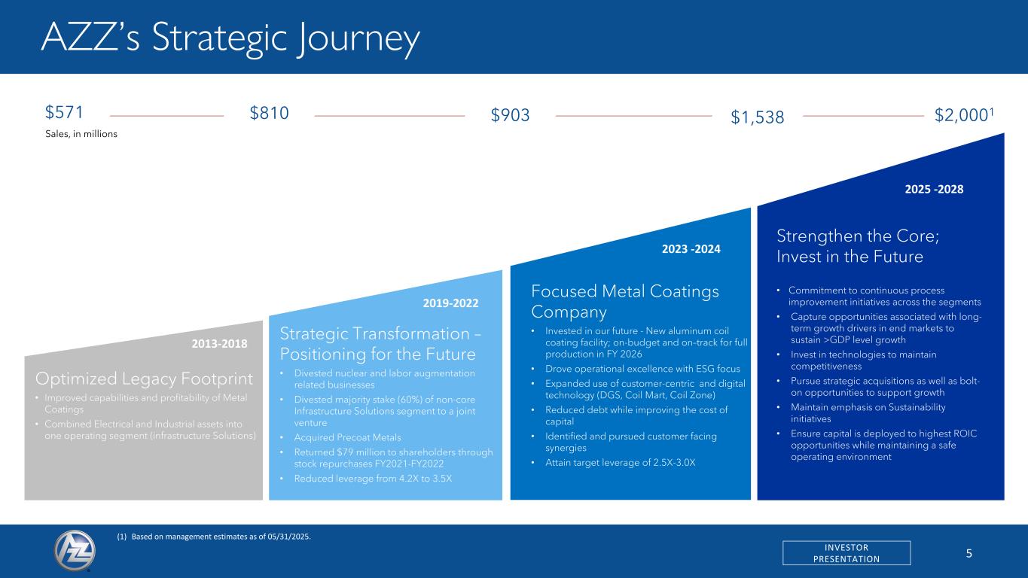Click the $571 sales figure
pos(64,112)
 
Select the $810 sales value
pos(269,114)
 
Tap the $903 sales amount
pos(510,115)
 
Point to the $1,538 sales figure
pos(757,117)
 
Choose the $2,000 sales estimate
pos(964,115)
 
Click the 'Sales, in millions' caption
pos(81,134)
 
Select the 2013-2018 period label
pos(219,344)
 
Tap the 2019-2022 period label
pos(450,303)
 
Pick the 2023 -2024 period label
pos(691,248)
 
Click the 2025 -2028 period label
pos(934,189)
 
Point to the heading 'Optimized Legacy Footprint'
pos(144,379)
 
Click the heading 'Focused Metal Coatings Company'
pos(625,301)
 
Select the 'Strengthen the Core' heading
pos(858,246)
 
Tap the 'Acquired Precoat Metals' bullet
pos(347,437)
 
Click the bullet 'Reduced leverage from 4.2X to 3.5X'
pos(373,479)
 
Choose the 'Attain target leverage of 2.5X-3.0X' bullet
pos(620,462)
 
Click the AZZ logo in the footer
pos(75,551)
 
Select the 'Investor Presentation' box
pos(846,552)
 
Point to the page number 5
pos(969,553)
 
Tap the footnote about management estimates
pos(214,537)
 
